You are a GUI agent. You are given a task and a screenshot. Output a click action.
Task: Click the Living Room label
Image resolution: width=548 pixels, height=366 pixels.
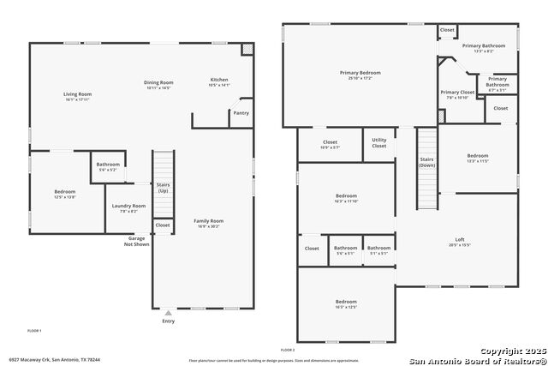pyautogui.click(x=77, y=93)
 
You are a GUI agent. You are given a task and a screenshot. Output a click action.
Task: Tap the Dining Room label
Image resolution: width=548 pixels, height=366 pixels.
pyautogui.click(x=158, y=82)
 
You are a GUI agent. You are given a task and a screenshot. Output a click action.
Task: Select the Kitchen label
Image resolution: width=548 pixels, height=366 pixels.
pyautogui.click(x=220, y=80)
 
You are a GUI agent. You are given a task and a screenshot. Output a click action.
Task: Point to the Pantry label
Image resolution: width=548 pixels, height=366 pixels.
pyautogui.click(x=241, y=112)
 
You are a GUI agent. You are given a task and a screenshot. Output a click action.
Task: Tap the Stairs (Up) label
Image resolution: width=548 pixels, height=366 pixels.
pyautogui.click(x=163, y=187)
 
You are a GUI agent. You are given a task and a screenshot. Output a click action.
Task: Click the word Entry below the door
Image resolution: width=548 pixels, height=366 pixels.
pyautogui.click(x=168, y=321)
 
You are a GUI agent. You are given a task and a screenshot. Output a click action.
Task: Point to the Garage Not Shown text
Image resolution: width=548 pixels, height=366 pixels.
pyautogui.click(x=137, y=241)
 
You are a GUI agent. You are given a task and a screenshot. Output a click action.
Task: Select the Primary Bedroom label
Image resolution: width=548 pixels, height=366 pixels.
pyautogui.click(x=360, y=73)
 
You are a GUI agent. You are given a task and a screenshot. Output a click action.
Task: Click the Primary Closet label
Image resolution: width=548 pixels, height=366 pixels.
pyautogui.click(x=457, y=92)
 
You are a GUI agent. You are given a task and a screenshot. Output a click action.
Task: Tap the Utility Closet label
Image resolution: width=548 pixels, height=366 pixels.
pyautogui.click(x=378, y=143)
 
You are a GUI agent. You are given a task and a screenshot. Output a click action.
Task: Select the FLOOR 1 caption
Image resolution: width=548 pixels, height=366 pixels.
pyautogui.click(x=34, y=330)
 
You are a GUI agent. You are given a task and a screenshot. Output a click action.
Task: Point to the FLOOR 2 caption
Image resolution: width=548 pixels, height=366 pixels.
pyautogui.click(x=288, y=350)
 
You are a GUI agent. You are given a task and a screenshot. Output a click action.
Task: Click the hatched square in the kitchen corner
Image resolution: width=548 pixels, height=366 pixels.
pyautogui.click(x=247, y=50)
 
